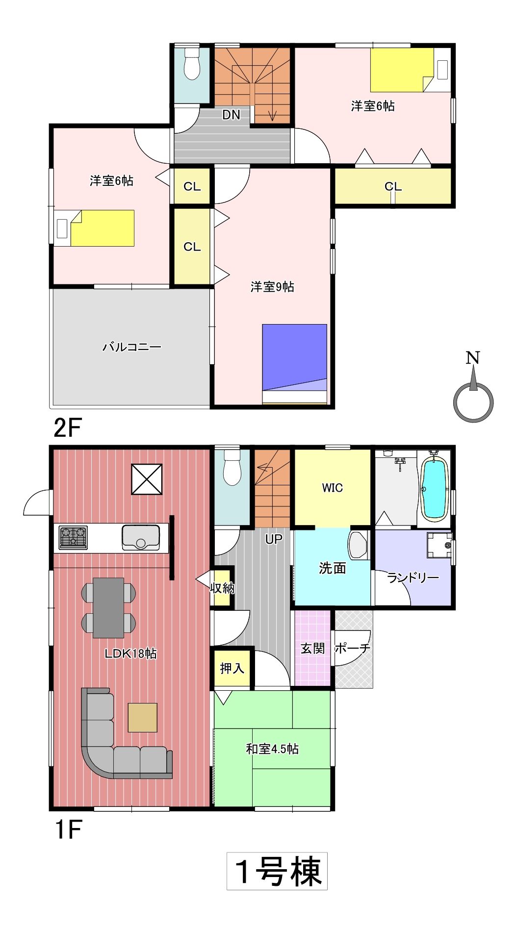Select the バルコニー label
coord(131,347)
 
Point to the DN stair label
coord(231,115)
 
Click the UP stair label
coord(274,539)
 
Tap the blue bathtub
coord(435,488)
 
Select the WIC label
coord(332,488)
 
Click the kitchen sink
coord(141,537)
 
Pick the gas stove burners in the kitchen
coord(73,537)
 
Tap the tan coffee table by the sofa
coord(143,718)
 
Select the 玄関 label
coord(312,649)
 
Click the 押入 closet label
coord(232,668)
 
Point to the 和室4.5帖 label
coord(272,749)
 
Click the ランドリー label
coord(413,578)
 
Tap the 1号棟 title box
coord(277,871)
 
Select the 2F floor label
coord(67,427)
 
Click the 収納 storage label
coord(222,587)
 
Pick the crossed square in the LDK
coord(147,479)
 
